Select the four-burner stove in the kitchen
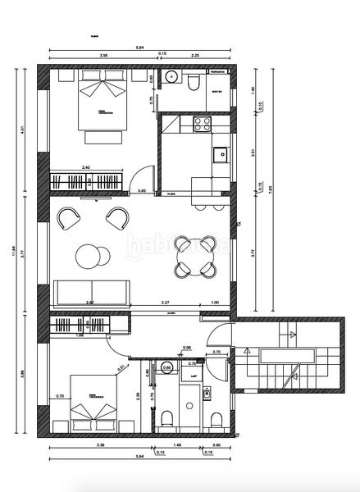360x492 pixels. pos(200,124)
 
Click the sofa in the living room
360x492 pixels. pos(91,291)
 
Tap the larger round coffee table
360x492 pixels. pos(88,257)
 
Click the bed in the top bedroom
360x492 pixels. pos(103,104)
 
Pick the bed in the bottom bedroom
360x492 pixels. pos(93,403)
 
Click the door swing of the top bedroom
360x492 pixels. pos(144,179)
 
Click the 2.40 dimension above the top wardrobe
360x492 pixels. pos(86,168)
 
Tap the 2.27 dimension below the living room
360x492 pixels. pos(165,303)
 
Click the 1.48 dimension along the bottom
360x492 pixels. pos(176,446)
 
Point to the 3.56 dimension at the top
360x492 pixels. pos(103,56)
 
